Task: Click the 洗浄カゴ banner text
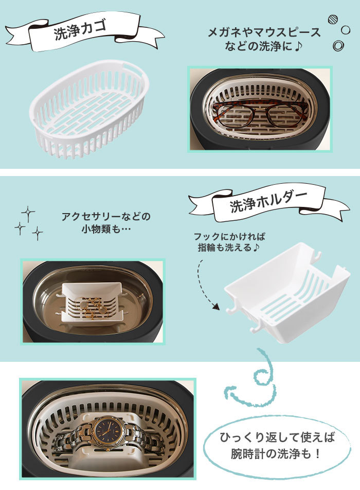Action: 81,30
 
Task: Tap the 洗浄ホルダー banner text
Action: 268,202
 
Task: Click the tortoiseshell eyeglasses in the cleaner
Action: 260,114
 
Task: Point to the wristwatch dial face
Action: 107,430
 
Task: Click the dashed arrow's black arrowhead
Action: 215,306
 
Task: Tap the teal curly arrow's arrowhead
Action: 230,390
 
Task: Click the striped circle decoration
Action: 333,20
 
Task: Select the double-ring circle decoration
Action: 338,46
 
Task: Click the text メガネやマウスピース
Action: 264,32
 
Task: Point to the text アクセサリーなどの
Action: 106,216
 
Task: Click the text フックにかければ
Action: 229,237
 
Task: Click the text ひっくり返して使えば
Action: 277,437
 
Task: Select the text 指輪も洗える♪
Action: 228,248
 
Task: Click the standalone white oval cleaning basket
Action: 89,109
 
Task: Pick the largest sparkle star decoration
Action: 28,214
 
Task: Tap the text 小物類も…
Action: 106,230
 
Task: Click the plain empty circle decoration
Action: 345,30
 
